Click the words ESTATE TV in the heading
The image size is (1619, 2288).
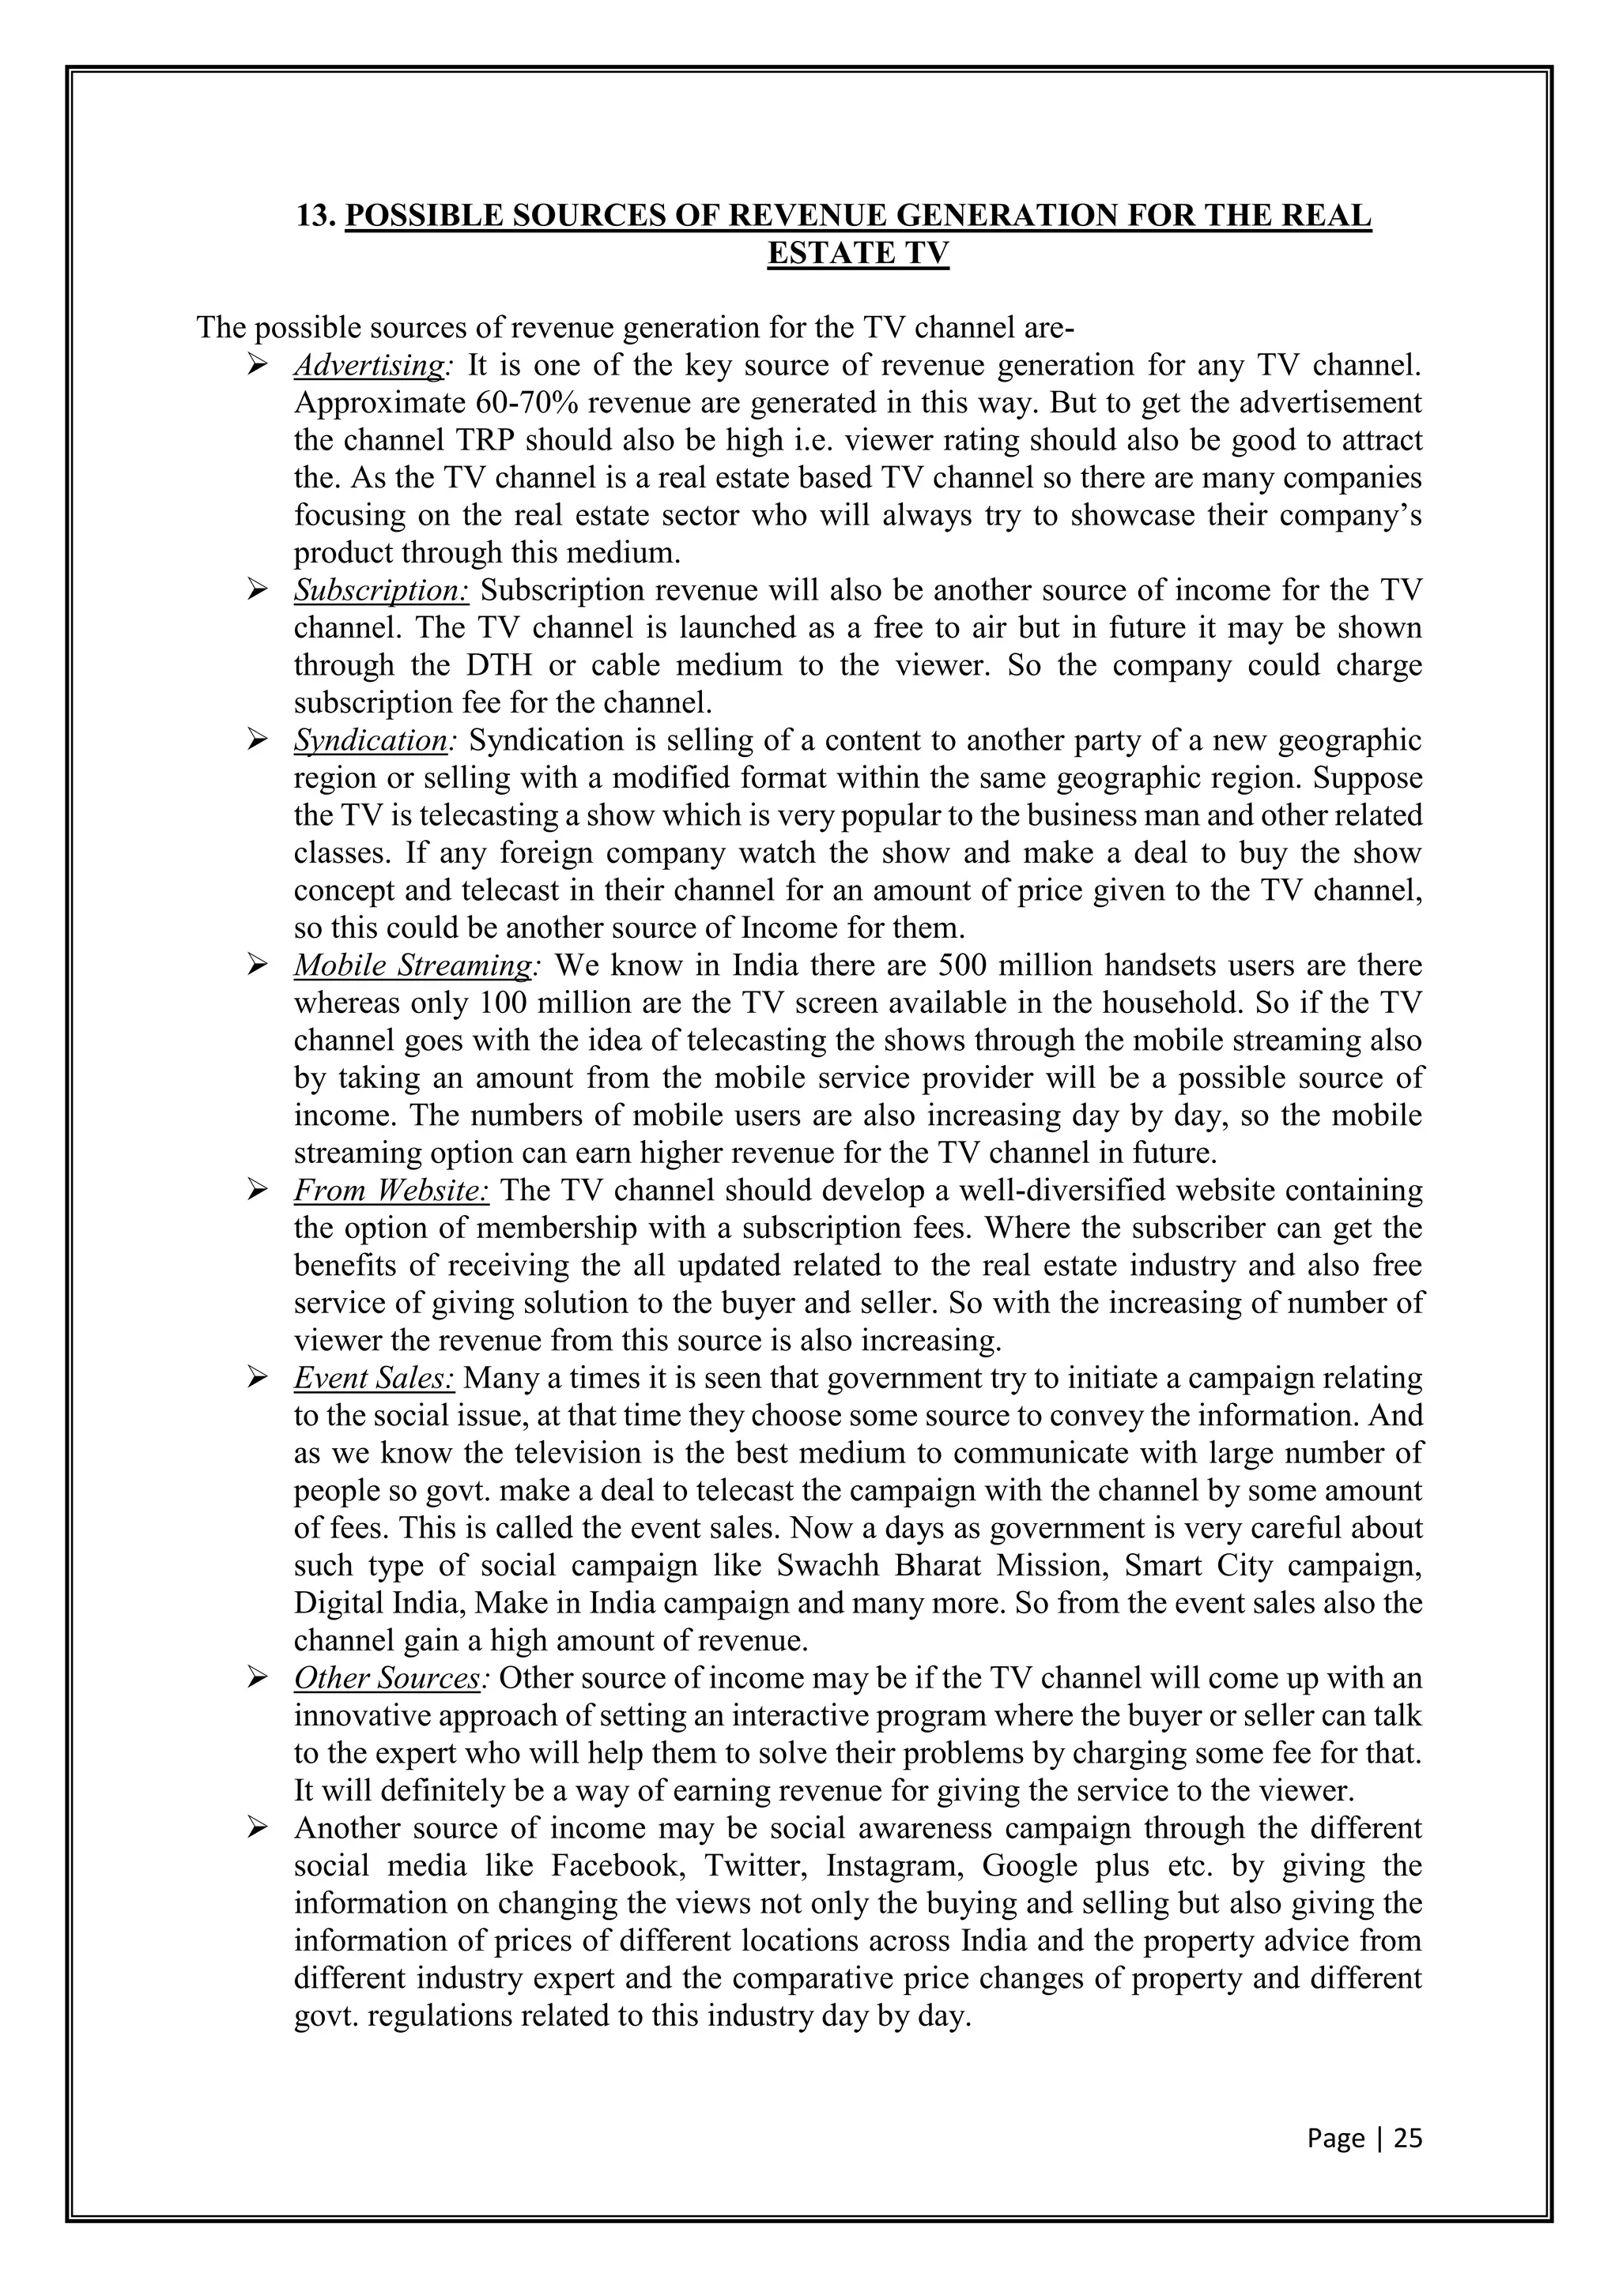(x=858, y=254)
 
